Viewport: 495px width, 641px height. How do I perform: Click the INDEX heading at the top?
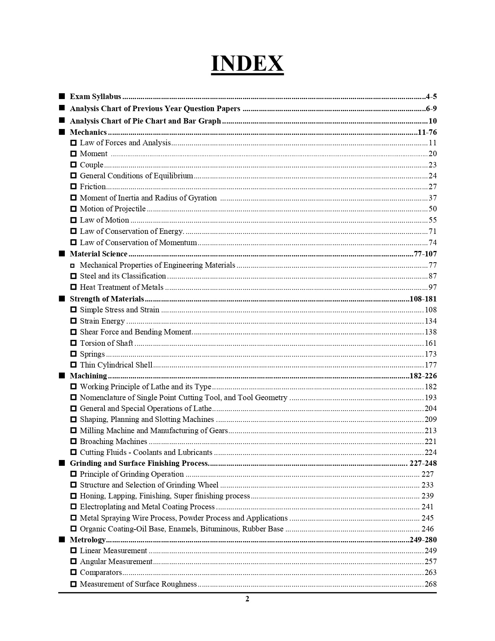(247, 64)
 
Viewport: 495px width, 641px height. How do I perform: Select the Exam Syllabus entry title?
(96, 97)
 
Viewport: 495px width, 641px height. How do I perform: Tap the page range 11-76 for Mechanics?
(427, 132)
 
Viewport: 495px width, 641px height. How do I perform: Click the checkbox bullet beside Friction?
(73, 187)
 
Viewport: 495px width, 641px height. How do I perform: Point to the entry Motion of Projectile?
(113, 209)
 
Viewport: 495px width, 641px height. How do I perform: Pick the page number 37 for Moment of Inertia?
(432, 198)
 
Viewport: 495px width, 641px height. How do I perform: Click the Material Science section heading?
(99, 254)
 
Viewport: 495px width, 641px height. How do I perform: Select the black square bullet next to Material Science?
(62, 254)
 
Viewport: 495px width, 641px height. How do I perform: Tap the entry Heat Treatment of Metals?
(122, 287)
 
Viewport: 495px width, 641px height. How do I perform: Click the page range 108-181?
(423, 299)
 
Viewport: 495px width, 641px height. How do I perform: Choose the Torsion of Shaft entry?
(106, 343)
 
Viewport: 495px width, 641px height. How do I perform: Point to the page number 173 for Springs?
(431, 354)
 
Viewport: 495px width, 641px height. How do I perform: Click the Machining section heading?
(88, 376)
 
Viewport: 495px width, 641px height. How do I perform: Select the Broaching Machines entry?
(113, 442)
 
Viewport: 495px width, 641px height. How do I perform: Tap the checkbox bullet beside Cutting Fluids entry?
(73, 453)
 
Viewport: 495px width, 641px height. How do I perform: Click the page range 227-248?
(423, 463)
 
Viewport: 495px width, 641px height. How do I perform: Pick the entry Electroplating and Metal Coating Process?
(147, 507)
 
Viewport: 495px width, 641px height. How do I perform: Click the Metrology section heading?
(88, 540)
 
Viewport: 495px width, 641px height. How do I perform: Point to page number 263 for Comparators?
(431, 573)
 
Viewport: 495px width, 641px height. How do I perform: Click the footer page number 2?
(247, 599)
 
